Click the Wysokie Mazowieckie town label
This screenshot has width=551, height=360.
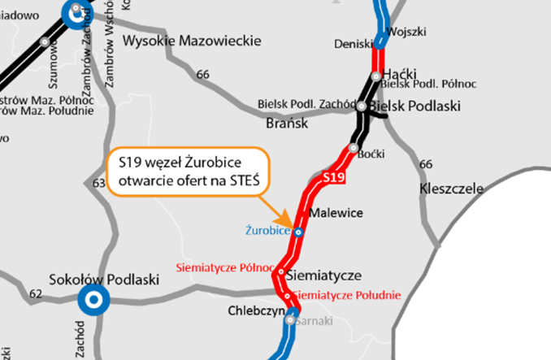(192, 41)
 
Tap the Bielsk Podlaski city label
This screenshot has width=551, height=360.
(414, 106)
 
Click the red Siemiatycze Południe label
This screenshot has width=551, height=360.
(346, 295)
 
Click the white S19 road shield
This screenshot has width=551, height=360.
(335, 177)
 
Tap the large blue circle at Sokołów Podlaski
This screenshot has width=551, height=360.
(94, 300)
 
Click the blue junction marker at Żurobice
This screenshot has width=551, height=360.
(298, 232)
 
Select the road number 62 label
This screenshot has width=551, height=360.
(37, 293)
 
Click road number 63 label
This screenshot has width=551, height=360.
(99, 184)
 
